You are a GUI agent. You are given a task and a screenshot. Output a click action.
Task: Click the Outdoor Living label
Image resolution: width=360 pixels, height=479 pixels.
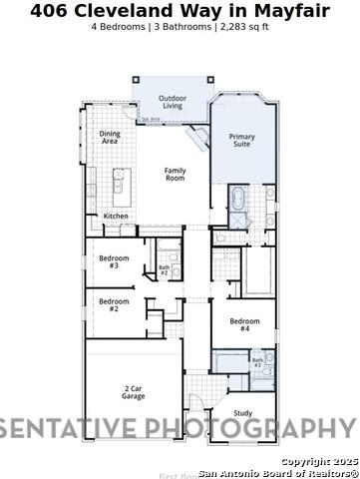pyautogui.click(x=172, y=101)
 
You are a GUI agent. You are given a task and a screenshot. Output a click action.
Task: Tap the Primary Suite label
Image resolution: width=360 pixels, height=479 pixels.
pyautogui.click(x=242, y=141)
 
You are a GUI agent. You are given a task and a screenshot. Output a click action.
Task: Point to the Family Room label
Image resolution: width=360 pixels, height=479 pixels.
pyautogui.click(x=175, y=174)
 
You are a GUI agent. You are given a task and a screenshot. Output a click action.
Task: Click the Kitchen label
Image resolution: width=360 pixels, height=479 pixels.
pyautogui.click(x=117, y=216)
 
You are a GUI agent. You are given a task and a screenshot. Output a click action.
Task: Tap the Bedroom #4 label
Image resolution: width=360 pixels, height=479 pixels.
pyautogui.click(x=244, y=324)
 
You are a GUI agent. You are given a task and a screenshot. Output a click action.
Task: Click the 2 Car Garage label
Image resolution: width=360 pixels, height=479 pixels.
pyautogui.click(x=134, y=392)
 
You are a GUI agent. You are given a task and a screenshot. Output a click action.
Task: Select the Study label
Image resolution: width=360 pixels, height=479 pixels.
pyautogui.click(x=243, y=412)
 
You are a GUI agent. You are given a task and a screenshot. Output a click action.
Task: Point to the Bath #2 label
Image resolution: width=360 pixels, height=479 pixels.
pyautogui.click(x=164, y=269)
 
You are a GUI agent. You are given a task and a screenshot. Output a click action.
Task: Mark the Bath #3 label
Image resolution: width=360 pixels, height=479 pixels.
pyautogui.click(x=256, y=362)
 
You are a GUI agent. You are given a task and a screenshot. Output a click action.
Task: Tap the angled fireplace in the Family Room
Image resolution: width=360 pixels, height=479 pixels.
pyautogui.click(x=198, y=139)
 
